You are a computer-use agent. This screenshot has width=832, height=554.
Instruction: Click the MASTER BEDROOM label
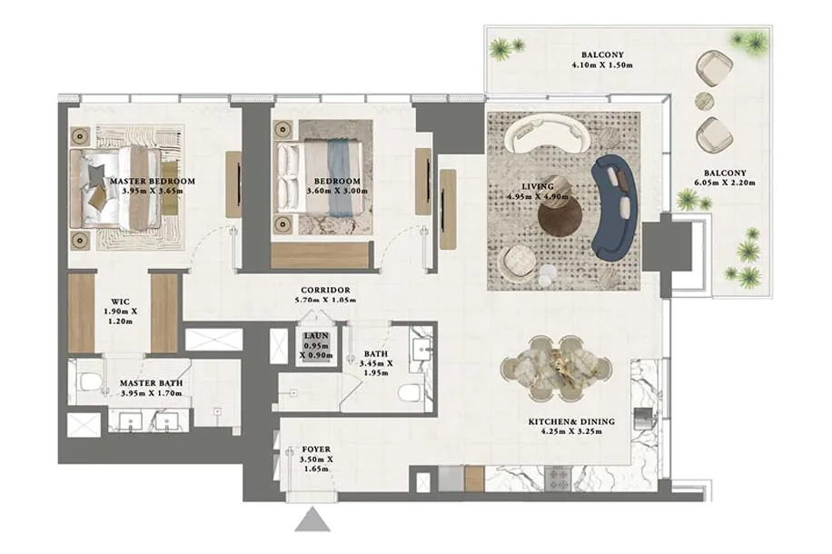tap(153, 181)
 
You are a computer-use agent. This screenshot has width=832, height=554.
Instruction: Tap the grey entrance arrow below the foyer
tap(313, 519)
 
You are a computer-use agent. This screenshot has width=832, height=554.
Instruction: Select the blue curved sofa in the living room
tap(615, 207)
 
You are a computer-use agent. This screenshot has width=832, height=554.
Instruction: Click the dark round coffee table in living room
tap(560, 218)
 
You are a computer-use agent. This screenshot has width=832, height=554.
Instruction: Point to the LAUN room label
tap(316, 336)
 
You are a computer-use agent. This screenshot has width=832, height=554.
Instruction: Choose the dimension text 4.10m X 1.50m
tap(602, 65)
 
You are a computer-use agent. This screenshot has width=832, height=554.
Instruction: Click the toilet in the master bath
tap(89, 381)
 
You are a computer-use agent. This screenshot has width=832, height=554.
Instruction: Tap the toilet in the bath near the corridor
tap(410, 394)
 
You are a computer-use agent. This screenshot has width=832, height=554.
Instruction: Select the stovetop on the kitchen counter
tap(559, 478)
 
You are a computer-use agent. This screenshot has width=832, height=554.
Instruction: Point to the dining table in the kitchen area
tap(556, 367)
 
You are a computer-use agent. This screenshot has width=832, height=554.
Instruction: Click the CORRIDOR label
tap(325, 291)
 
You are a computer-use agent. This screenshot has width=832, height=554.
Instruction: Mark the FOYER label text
tap(316, 450)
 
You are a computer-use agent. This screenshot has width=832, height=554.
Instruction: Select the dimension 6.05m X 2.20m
tap(724, 183)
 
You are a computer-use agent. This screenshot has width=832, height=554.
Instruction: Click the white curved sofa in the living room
tap(547, 135)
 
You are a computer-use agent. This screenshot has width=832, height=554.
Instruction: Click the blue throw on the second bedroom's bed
tap(338, 178)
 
